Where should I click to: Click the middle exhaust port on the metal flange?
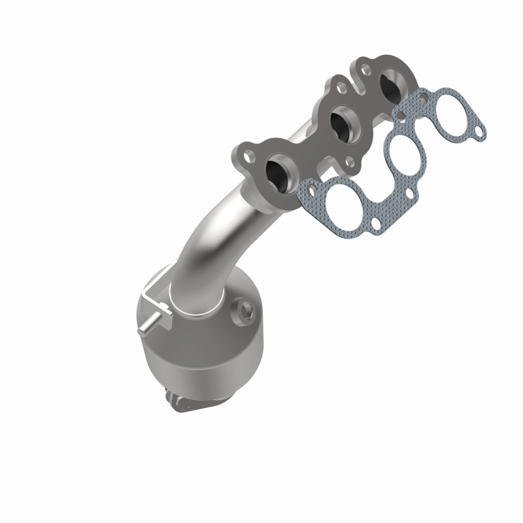point(341,122)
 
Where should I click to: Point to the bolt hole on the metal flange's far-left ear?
point(249,157)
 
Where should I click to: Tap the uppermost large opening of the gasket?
point(444,117)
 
